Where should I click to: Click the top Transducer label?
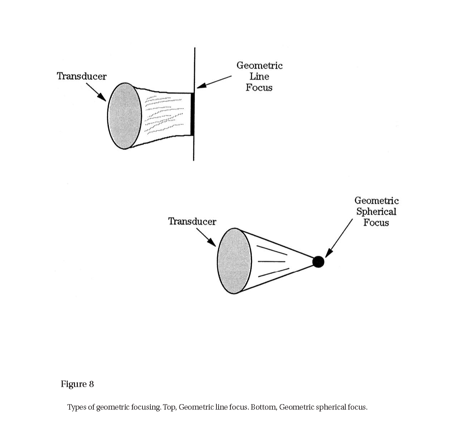pos(81,76)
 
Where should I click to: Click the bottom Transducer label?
pos(192,221)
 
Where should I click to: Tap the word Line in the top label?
pos(259,77)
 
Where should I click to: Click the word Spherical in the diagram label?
pos(376,212)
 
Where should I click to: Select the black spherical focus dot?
pos(318,262)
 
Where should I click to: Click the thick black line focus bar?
pos(192,114)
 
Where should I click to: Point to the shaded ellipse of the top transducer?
pos(125,116)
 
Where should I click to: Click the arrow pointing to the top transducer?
pos(96,92)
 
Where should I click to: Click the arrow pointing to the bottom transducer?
pos(206,237)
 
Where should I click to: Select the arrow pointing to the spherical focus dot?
pos(339,238)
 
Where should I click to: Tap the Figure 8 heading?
pos(77,384)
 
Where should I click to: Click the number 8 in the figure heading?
pos(91,384)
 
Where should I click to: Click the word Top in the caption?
pos(169,407)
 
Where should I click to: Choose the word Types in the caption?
pos(77,407)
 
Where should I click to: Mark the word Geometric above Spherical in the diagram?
pos(376,200)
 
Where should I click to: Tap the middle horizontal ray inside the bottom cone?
pos(272,261)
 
